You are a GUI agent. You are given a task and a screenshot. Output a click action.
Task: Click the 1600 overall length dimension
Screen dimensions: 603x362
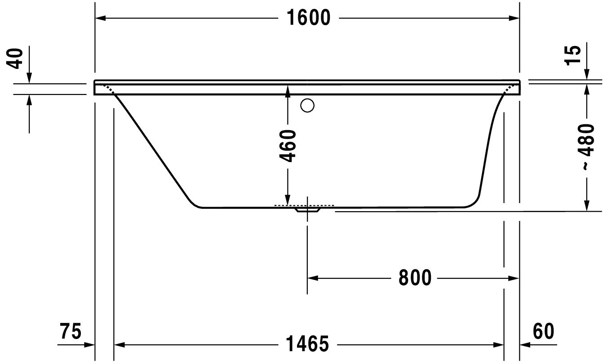click(309, 18)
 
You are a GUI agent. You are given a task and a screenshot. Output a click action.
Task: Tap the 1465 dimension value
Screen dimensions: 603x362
click(307, 344)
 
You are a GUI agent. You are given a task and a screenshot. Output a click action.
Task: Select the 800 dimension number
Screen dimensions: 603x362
click(415, 277)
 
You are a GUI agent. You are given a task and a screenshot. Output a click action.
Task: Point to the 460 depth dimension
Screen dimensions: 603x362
click(288, 146)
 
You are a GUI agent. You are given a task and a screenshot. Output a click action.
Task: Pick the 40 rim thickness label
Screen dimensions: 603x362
click(14, 59)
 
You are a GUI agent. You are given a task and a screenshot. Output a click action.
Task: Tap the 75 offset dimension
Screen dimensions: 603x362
click(71, 331)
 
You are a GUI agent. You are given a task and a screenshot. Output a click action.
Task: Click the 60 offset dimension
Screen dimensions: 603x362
click(544, 331)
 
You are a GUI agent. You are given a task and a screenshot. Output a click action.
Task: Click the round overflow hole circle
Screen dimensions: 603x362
click(307, 105)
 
